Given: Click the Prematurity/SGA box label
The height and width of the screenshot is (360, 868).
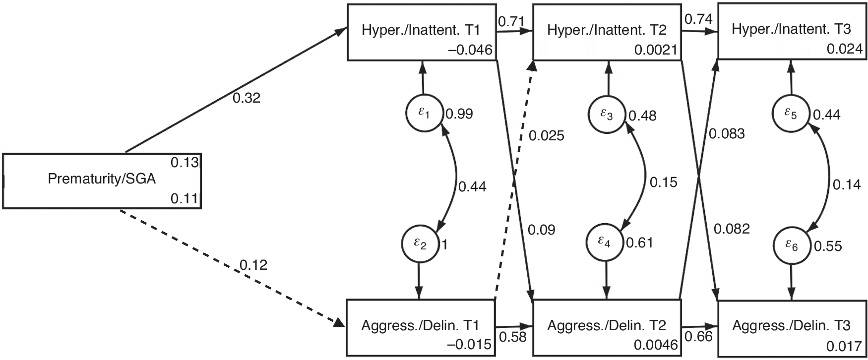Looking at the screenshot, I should pos(102,179).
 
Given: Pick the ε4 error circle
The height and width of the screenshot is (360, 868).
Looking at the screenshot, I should pos(605,241).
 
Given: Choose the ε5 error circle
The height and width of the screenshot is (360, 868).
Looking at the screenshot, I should pos(791,114).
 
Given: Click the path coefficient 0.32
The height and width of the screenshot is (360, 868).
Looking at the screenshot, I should pos(246,98).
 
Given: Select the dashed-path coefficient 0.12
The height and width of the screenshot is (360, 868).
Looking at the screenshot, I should pos(253,265).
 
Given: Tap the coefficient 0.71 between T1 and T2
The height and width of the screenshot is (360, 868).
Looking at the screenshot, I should pos(508,21).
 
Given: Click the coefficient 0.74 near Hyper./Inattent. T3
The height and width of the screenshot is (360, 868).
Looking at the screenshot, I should pos(698,19).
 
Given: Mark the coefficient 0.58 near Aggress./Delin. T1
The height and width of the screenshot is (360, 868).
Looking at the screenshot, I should pos(512,337).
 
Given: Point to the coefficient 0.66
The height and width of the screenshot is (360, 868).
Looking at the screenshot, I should pos(698,337).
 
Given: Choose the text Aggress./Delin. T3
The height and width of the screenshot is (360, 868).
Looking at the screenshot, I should pos(791,326).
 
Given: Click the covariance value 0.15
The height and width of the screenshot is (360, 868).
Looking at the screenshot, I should pos(663,182).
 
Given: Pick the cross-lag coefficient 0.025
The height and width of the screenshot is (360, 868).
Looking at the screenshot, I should pos(546,135).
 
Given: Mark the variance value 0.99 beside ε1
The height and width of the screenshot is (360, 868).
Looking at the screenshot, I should pos(459,114).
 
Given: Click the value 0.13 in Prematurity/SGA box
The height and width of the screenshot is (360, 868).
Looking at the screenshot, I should pos(185,162).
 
